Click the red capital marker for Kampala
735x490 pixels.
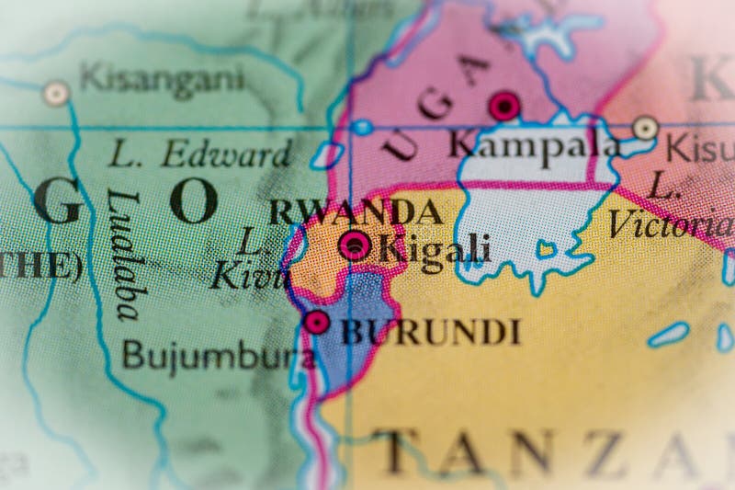coord(503,107)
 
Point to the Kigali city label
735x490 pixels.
coord(434,247)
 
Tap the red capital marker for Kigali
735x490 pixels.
coord(355,245)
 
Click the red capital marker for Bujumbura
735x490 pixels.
coord(317,322)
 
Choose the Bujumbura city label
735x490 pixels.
coord(219,354)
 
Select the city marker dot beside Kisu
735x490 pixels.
coord(646,128)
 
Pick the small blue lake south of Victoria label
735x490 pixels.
coord(668,334)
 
